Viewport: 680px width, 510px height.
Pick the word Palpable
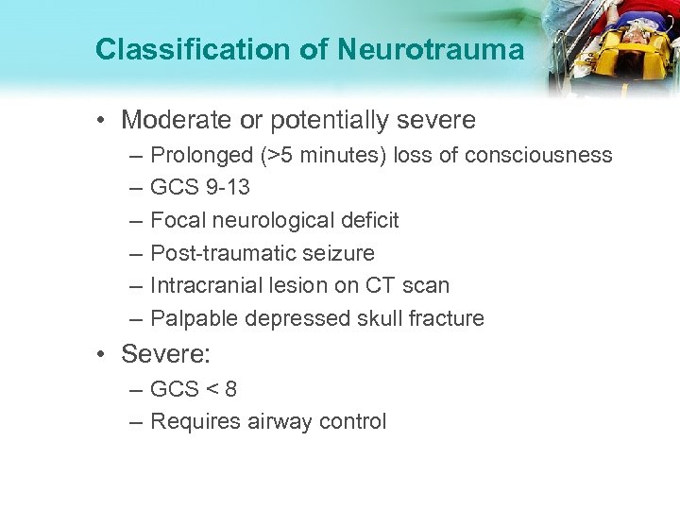(193, 318)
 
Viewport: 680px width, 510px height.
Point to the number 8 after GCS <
(231, 389)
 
